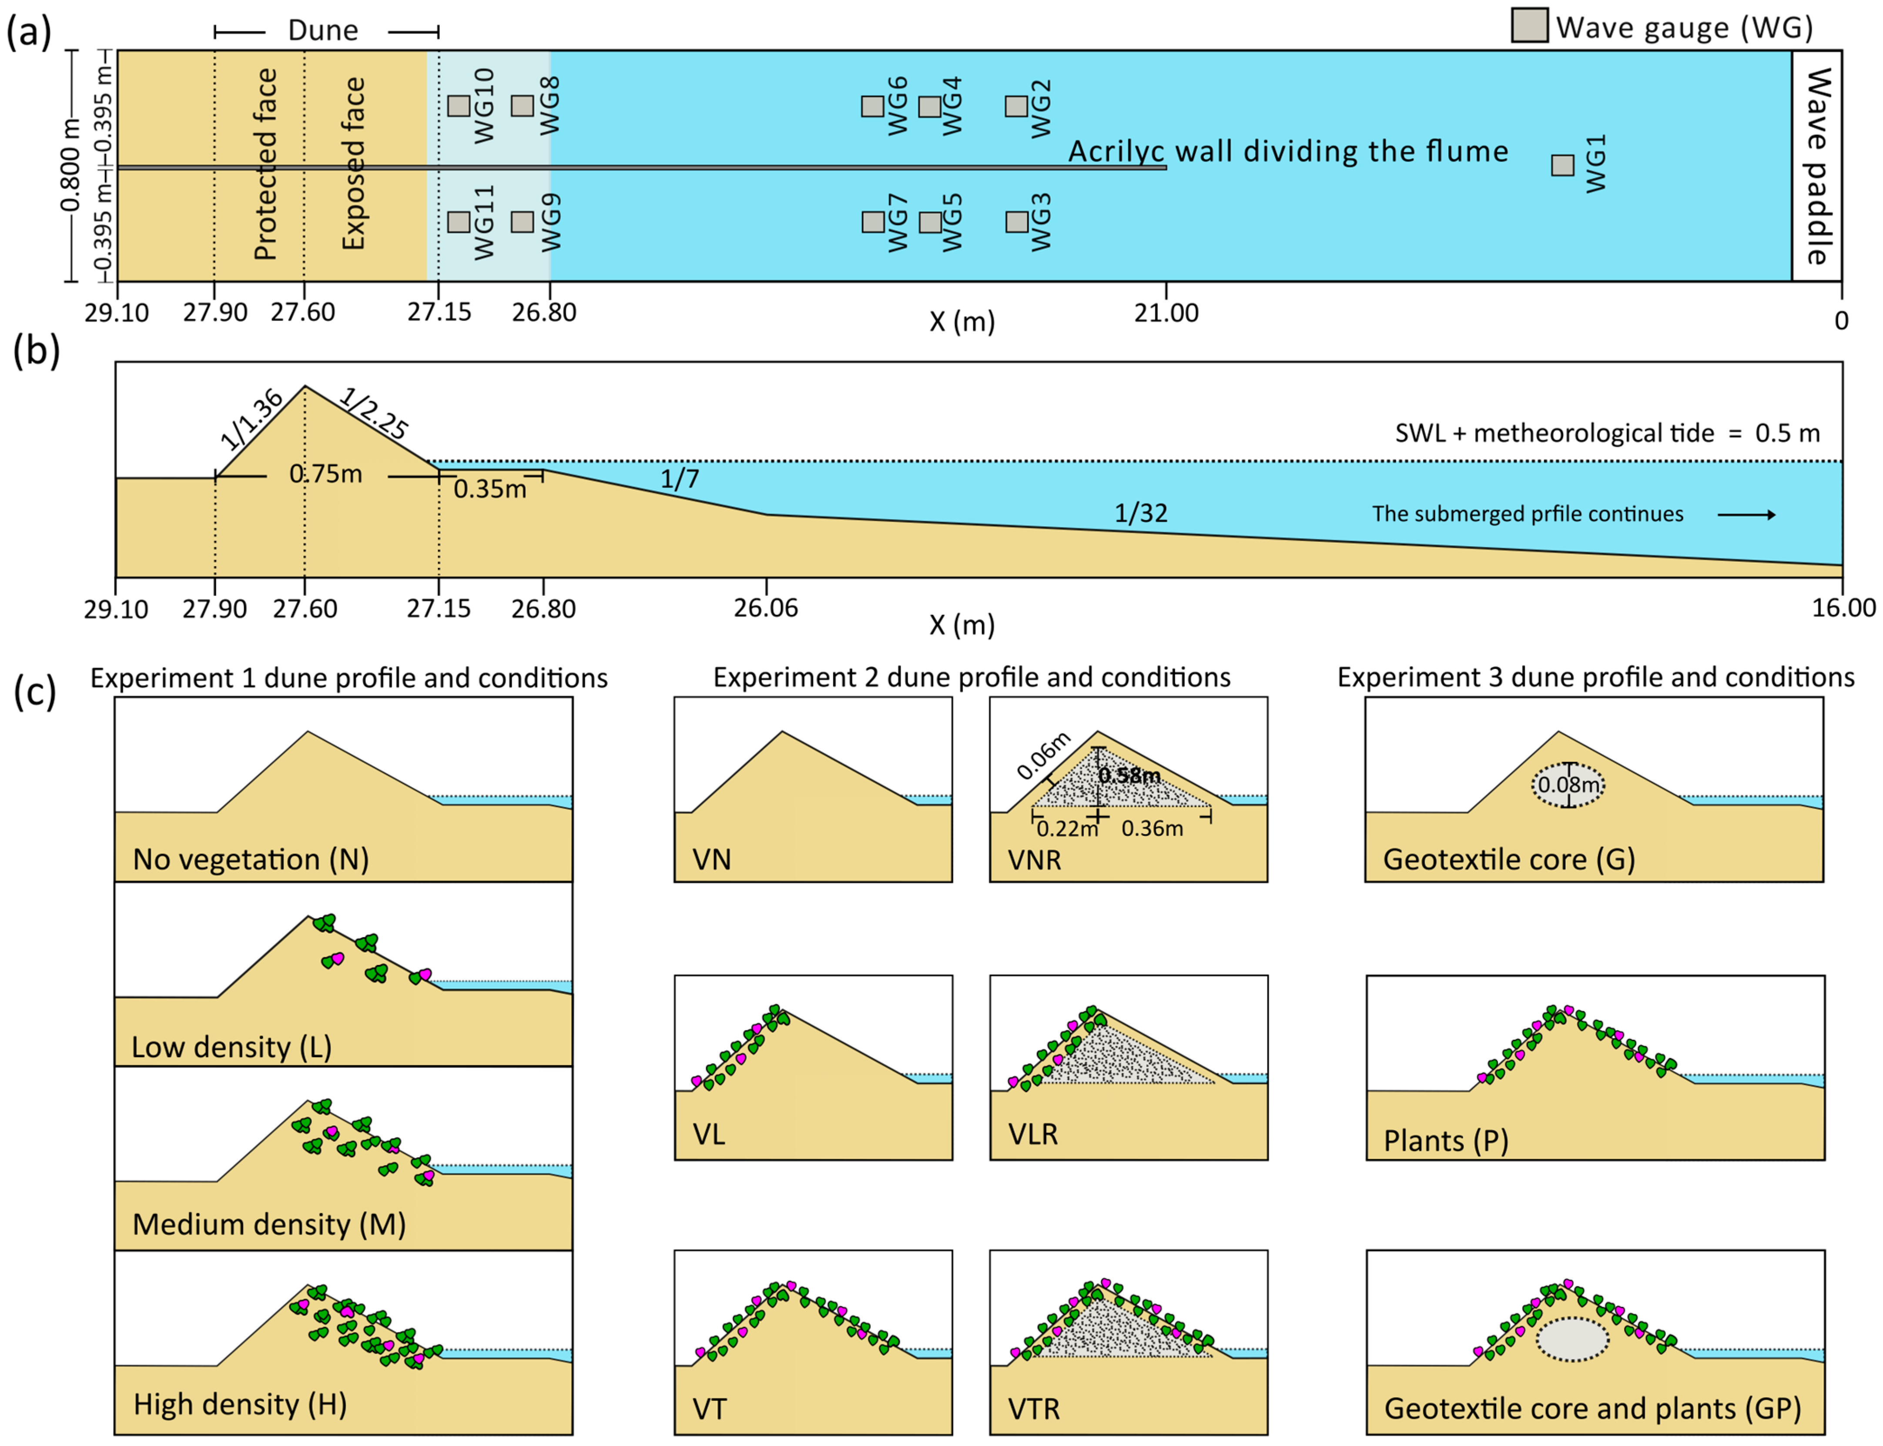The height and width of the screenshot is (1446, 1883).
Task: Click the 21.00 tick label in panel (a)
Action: (1166, 312)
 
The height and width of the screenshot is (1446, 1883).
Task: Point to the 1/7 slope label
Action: (679, 478)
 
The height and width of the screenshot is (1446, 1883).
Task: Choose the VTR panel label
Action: (1034, 1409)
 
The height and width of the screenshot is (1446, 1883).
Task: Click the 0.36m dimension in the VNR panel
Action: (1152, 829)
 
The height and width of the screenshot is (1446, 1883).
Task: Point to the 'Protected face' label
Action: (266, 164)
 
